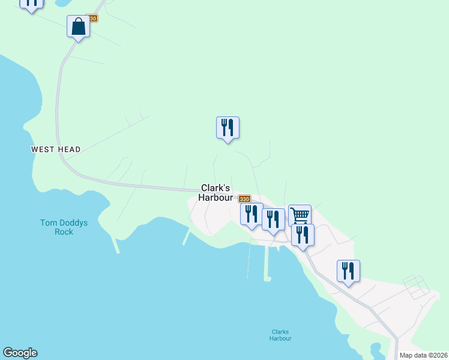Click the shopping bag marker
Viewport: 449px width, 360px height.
pyautogui.click(x=78, y=27)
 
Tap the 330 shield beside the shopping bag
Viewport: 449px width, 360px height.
pyautogui.click(x=91, y=19)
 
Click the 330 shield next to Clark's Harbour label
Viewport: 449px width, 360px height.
pyautogui.click(x=244, y=199)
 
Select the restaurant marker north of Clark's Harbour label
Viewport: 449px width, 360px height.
pyautogui.click(x=228, y=128)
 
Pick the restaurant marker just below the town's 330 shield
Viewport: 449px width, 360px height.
pyautogui.click(x=252, y=214)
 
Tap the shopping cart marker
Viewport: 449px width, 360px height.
pyautogui.click(x=300, y=215)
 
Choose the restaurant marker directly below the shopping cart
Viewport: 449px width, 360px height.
pyautogui.click(x=303, y=235)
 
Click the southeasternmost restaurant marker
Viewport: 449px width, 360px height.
pyautogui.click(x=348, y=271)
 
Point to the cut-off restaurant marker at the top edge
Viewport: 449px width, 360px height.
pyautogui.click(x=31, y=4)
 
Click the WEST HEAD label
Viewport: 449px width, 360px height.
pyautogui.click(x=56, y=149)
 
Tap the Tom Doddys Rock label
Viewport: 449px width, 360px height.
pyautogui.click(x=64, y=227)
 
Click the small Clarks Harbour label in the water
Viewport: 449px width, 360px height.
pyautogui.click(x=281, y=335)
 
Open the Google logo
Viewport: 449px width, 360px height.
pyautogui.click(x=20, y=353)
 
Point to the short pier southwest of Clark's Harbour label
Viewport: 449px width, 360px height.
pyautogui.click(x=187, y=238)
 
